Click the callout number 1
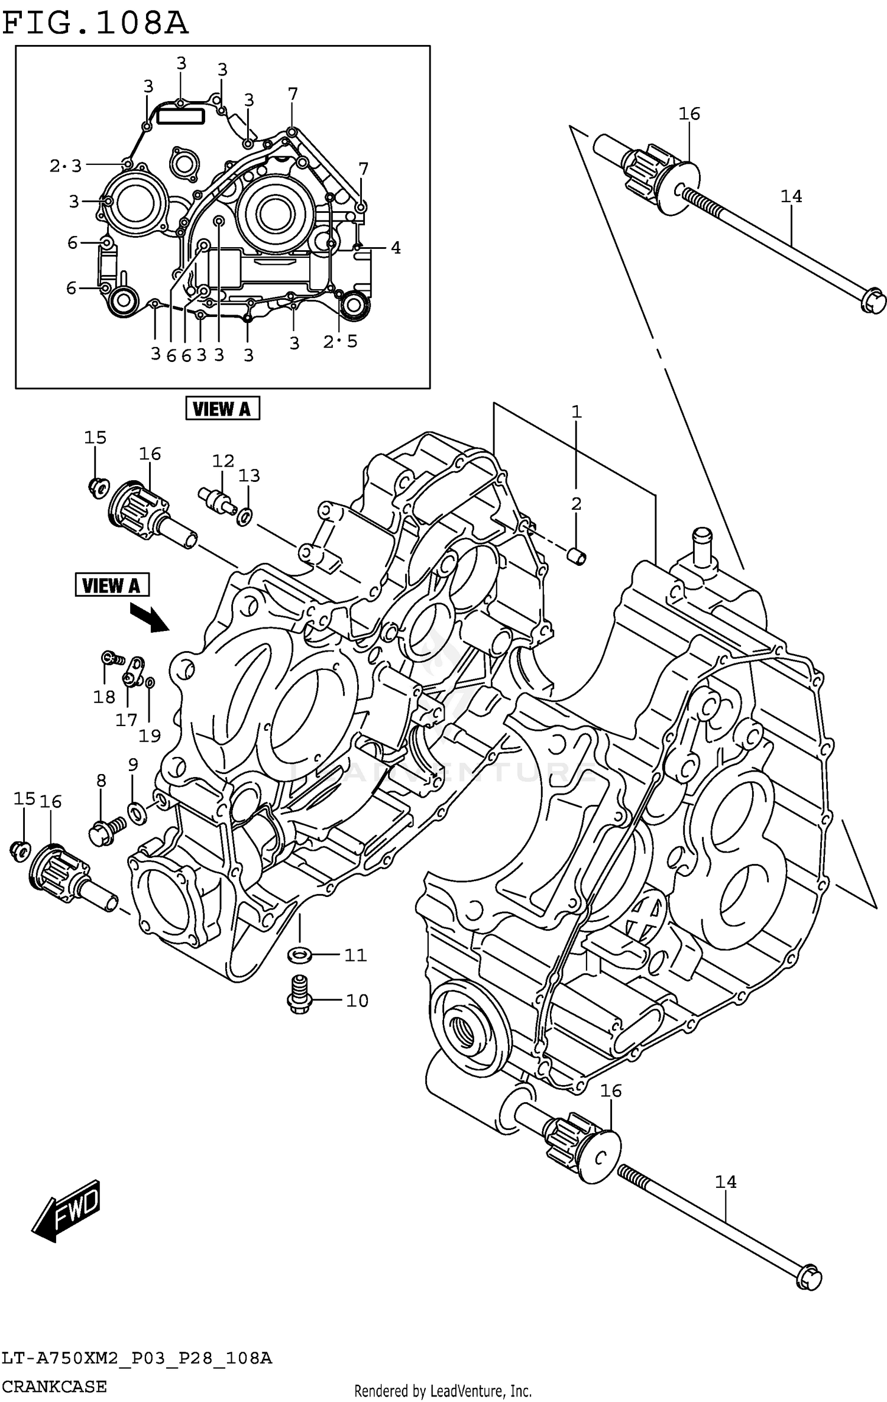[x=577, y=412]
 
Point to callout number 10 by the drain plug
[x=357, y=1000]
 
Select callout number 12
[x=224, y=460]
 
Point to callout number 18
[x=104, y=697]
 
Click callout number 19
[x=150, y=735]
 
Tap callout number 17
[x=127, y=720]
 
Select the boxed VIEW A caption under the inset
[x=222, y=409]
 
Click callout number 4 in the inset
[x=396, y=248]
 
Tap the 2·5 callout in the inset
[x=341, y=341]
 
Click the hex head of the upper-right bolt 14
[x=872, y=300]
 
